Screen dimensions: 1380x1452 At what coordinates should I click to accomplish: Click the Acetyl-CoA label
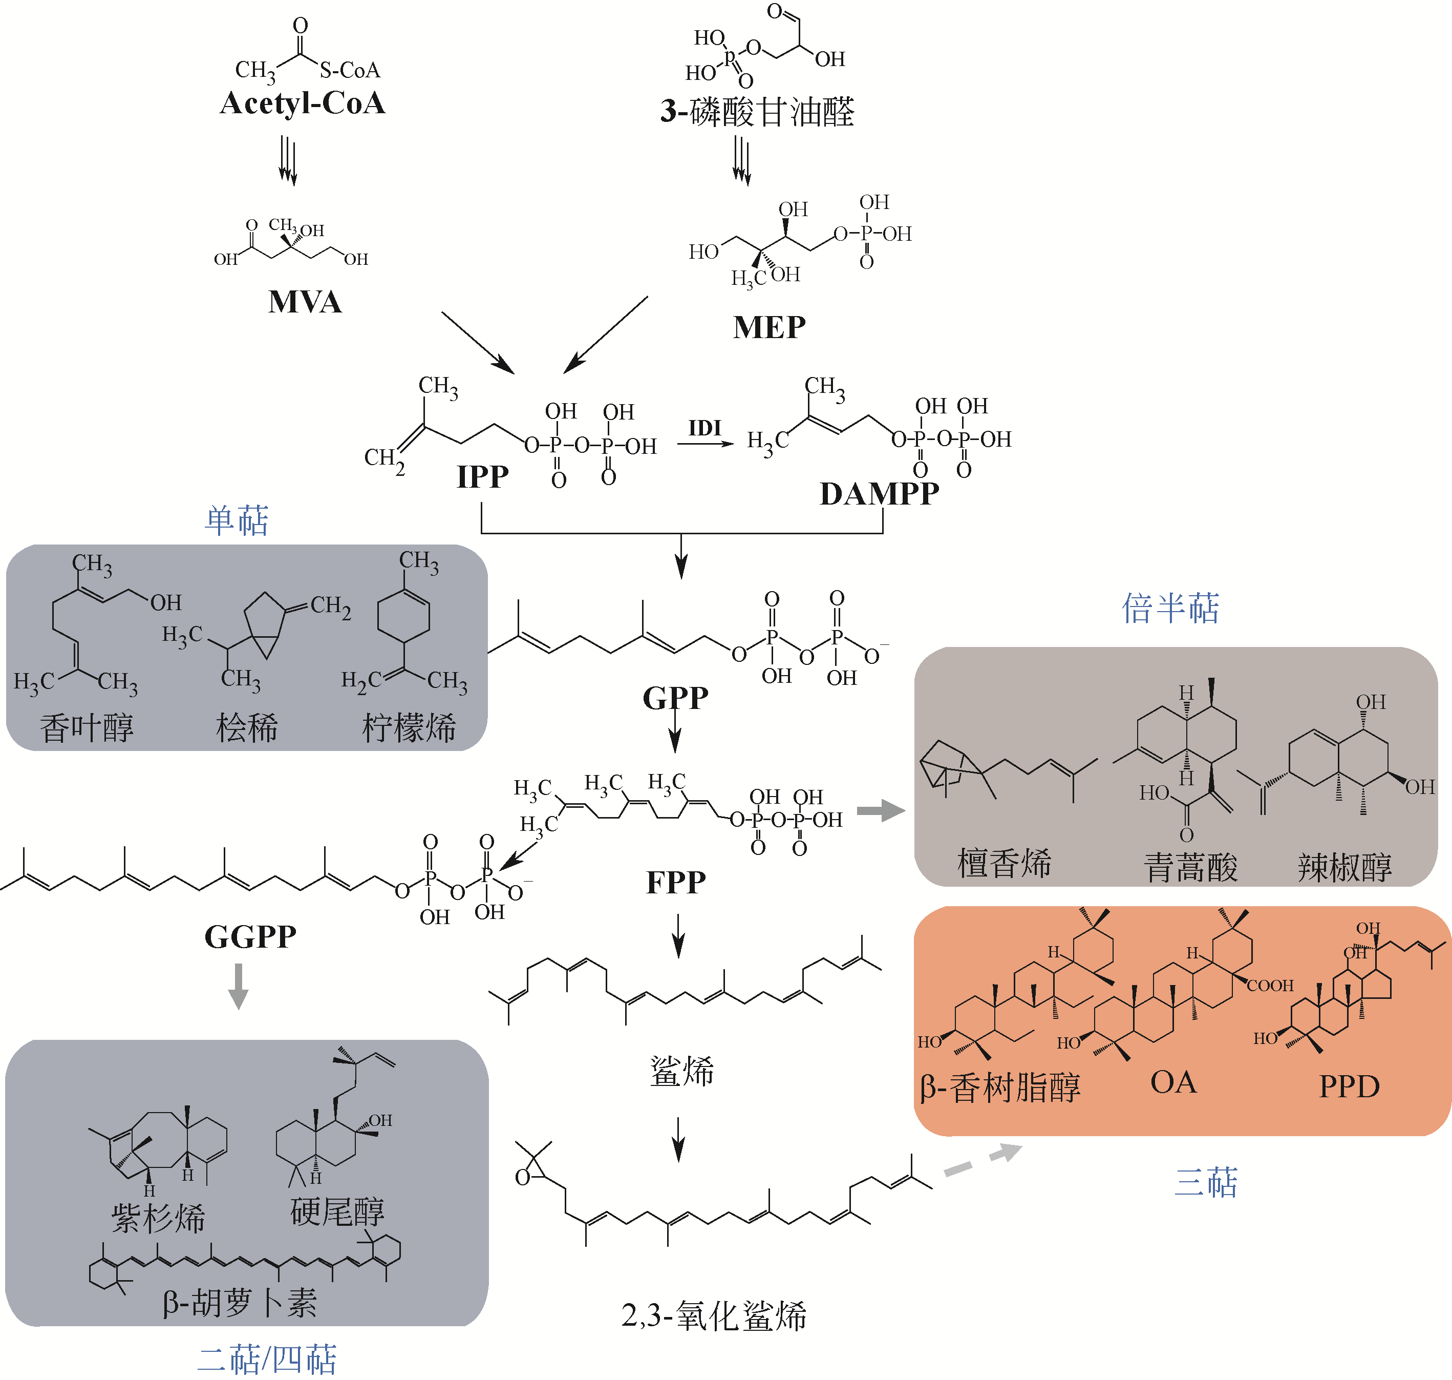[302, 103]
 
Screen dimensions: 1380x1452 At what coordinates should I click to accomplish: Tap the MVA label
[305, 302]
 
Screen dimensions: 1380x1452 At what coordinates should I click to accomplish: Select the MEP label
[769, 327]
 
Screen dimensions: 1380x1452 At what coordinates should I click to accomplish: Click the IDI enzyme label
[704, 428]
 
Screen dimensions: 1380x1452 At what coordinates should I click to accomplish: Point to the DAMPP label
[879, 494]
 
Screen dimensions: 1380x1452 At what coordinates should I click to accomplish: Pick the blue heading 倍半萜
[1170, 609]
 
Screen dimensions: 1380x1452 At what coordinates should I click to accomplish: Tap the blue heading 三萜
[1206, 1182]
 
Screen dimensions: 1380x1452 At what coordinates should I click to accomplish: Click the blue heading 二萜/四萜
[267, 1360]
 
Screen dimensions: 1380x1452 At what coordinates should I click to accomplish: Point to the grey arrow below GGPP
[238, 986]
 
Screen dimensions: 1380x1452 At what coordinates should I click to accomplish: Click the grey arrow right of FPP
[881, 811]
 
